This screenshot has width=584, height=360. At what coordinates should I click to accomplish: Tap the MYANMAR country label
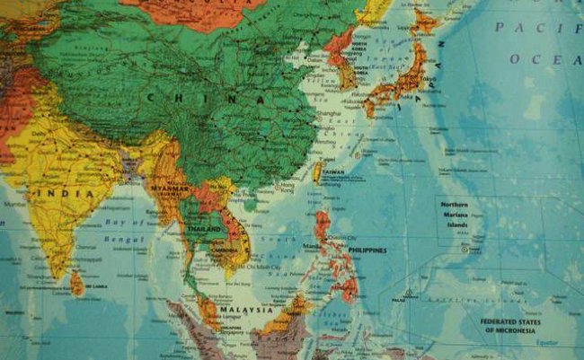[x=173, y=189]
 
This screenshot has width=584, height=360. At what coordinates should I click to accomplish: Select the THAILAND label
[x=206, y=228]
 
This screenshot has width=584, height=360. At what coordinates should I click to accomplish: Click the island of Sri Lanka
[x=77, y=285]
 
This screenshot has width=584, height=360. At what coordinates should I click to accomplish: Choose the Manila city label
[x=312, y=244]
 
